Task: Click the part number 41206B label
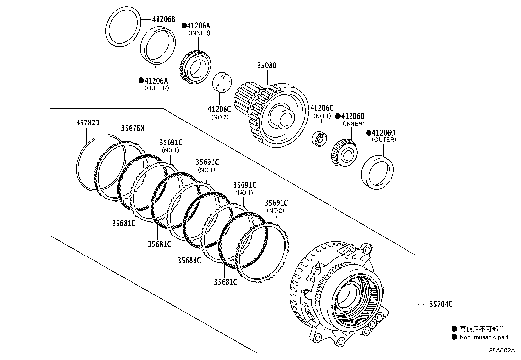[163, 19]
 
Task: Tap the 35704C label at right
[440, 305]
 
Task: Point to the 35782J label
[87, 123]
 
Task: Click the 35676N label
[133, 128]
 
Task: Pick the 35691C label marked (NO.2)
[276, 203]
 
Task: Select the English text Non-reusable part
[484, 337]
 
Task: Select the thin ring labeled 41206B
[123, 26]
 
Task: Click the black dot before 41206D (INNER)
[338, 116]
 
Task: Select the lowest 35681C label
[225, 282]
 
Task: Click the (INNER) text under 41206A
[199, 33]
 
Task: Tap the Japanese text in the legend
[482, 329]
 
